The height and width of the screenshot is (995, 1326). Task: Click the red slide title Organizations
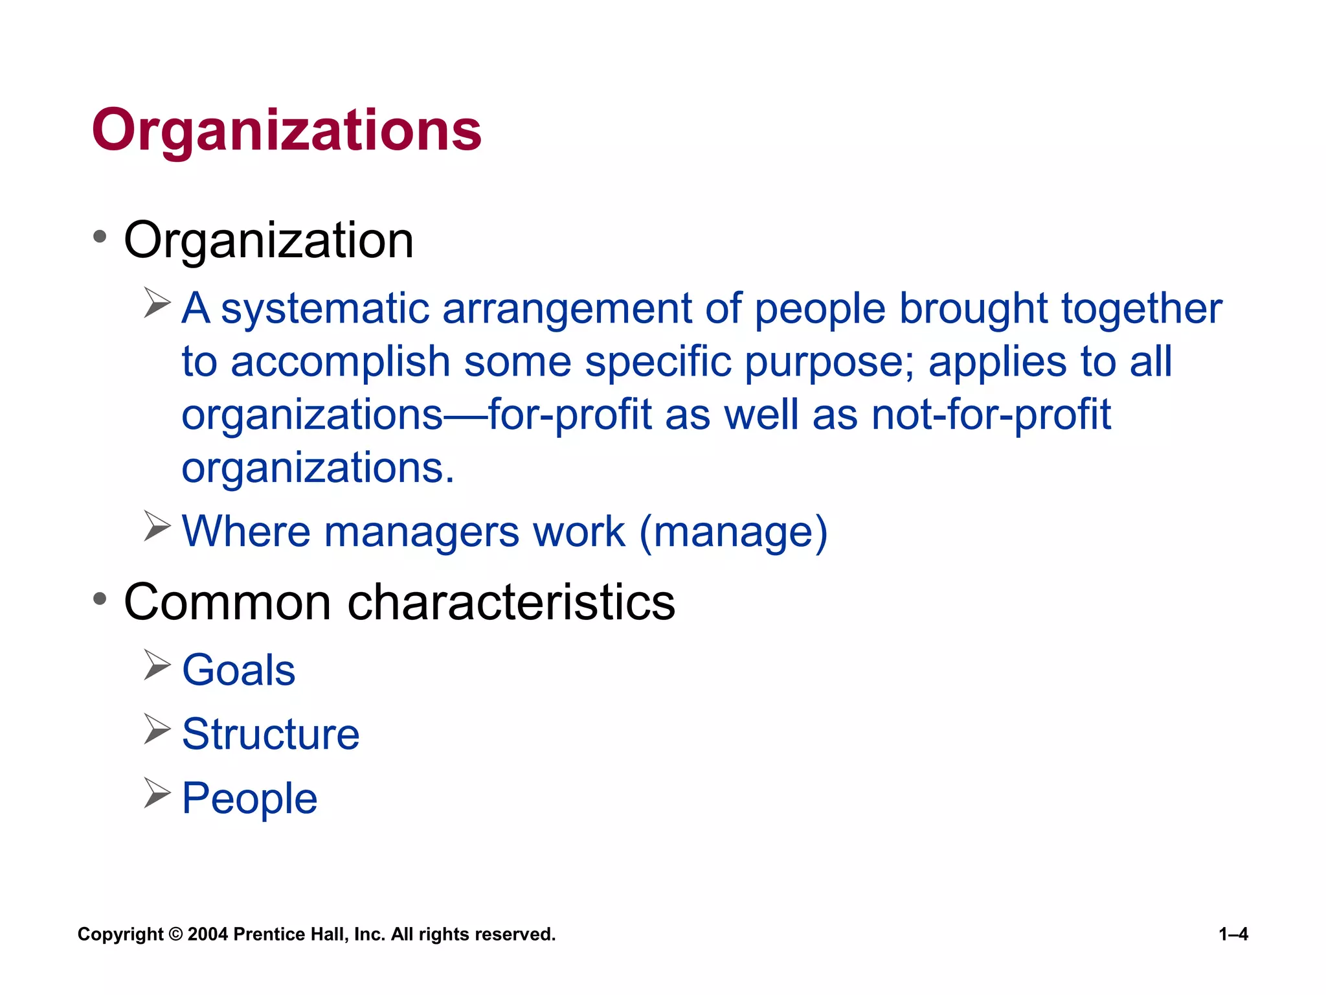tap(287, 131)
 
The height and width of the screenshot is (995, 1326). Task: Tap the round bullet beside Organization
tap(99, 237)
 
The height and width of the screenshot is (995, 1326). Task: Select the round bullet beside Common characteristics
tap(99, 599)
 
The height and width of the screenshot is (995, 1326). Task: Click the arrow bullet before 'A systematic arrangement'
tap(157, 303)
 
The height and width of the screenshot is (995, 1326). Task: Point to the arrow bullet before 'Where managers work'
tap(157, 526)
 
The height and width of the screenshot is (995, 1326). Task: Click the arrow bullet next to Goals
tap(157, 665)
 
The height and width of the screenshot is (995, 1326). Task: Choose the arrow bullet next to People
tap(157, 793)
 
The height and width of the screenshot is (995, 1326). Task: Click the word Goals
tap(239, 670)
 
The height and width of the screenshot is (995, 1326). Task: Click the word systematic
tap(325, 309)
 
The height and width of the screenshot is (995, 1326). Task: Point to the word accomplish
tap(341, 362)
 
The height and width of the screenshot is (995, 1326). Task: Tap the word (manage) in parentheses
tap(734, 532)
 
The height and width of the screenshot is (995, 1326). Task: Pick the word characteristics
tap(511, 602)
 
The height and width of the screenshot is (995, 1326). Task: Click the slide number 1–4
tap(1233, 934)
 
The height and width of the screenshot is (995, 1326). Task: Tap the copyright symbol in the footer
tap(175, 934)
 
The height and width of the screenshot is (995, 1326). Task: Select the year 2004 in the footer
tap(208, 934)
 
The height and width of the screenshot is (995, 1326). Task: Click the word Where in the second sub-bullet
tap(247, 532)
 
